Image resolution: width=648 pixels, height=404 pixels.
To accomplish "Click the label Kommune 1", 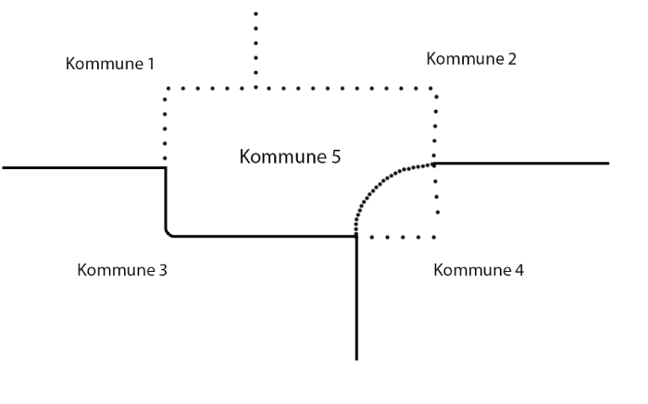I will coord(110,65).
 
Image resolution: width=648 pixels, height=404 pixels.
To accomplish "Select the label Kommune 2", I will coord(471,59).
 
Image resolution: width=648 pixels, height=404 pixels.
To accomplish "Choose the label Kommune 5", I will coord(290,156).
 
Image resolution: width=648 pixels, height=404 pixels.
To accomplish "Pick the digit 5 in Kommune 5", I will coord(335,156).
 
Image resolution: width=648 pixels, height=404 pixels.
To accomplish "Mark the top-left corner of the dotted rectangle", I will coord(167,89).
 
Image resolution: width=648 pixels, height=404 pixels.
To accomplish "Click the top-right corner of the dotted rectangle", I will coord(435,89).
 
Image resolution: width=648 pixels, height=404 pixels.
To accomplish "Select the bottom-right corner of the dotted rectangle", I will coord(435,237).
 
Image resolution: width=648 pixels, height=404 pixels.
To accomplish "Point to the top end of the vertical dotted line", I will coord(255,13).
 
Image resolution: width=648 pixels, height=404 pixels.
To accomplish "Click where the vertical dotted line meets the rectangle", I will coord(255,89).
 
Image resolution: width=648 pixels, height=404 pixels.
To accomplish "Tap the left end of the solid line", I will coord(4,167).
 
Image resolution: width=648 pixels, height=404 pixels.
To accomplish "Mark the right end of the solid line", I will coord(608,164).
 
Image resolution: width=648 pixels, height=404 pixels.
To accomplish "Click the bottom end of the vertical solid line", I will coord(356,358).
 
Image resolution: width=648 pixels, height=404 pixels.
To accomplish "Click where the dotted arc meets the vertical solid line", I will coord(356,235).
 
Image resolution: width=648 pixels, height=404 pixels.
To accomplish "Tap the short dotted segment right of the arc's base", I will coord(396,237).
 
